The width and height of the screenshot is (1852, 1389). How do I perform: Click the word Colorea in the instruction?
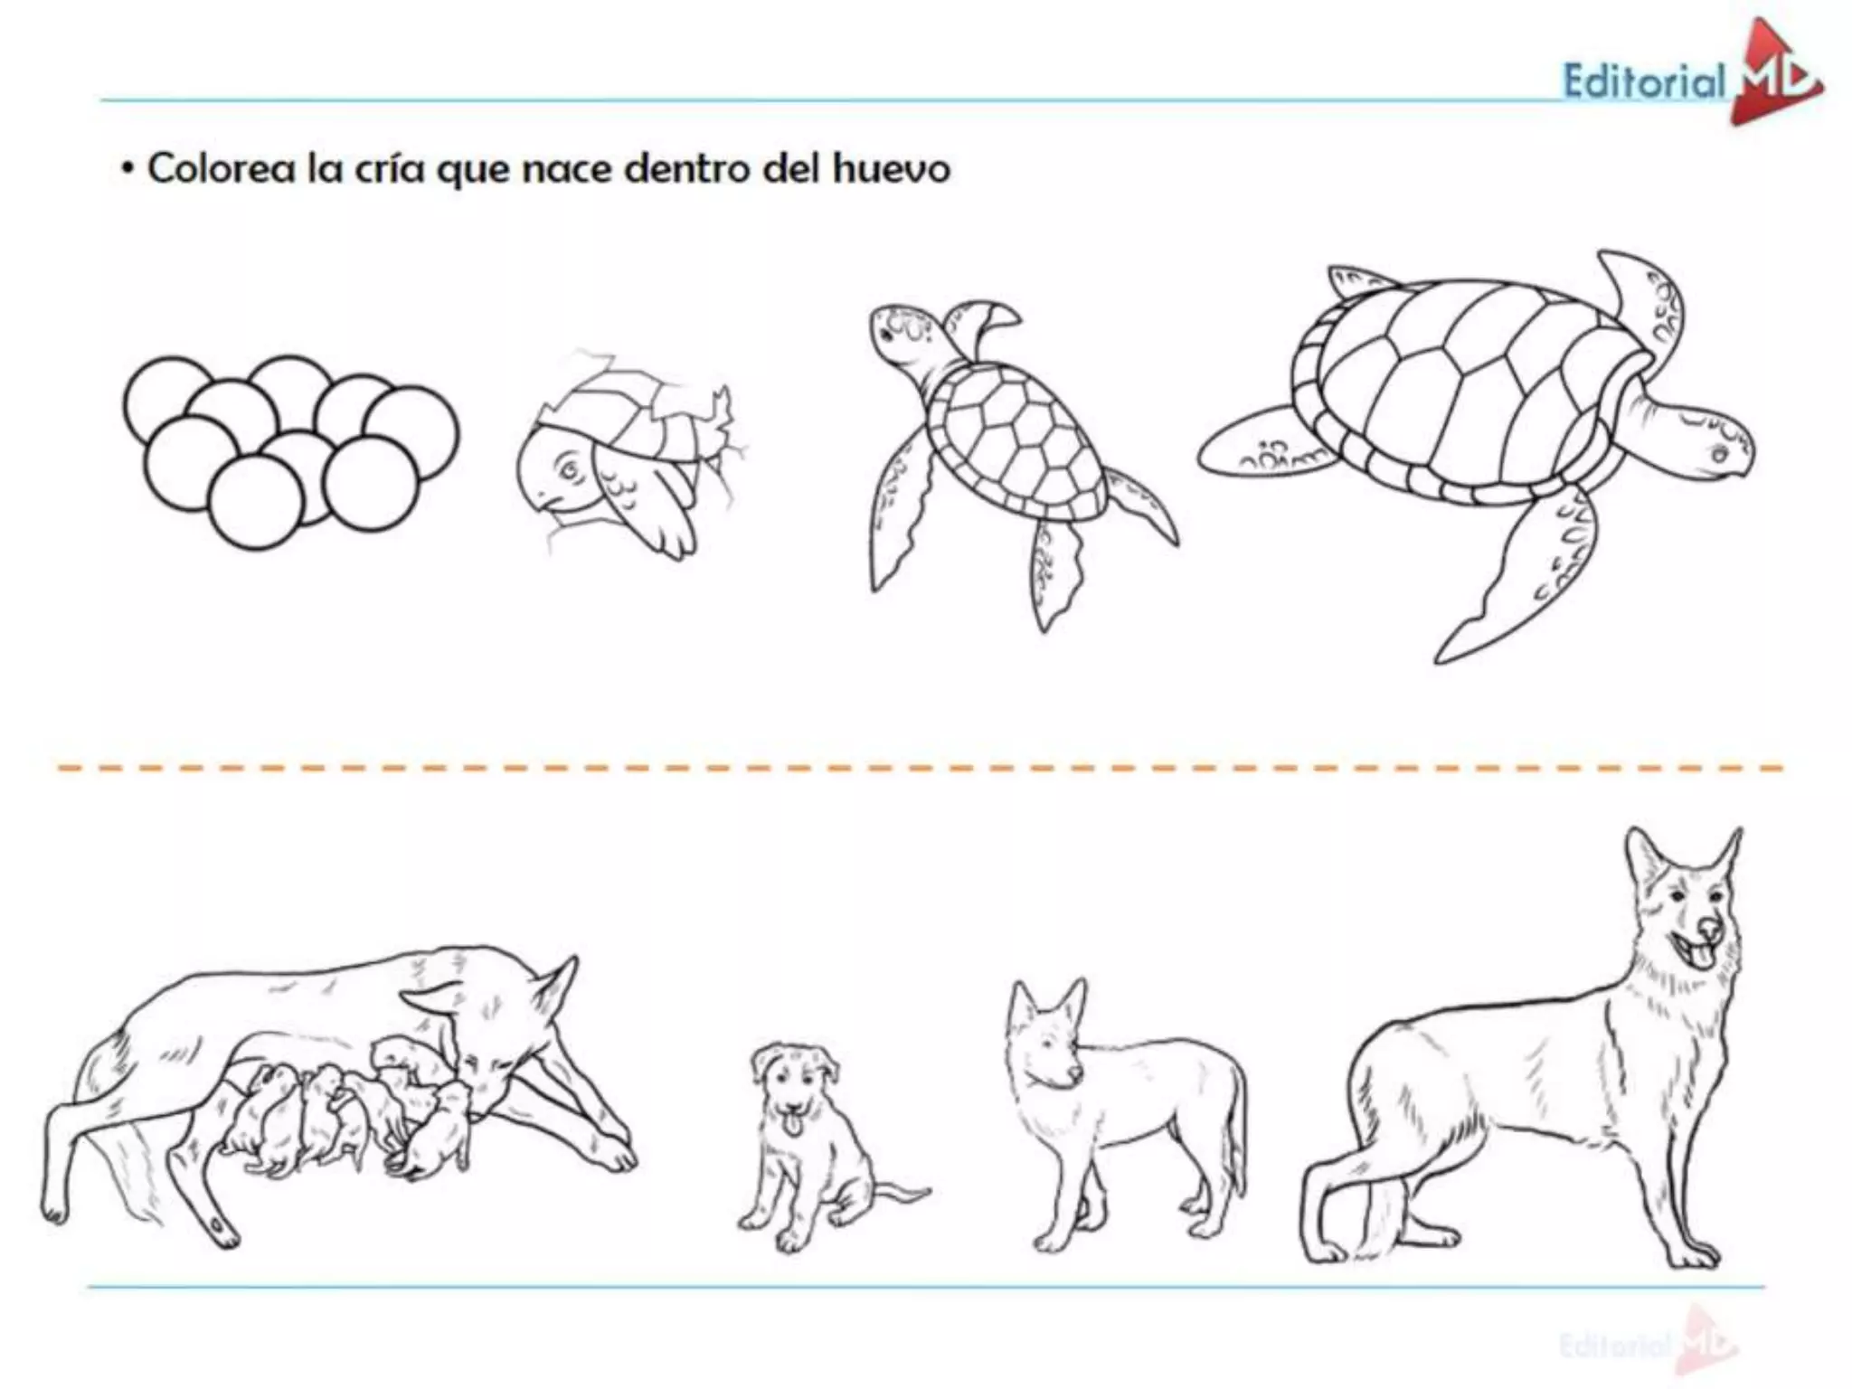click(x=221, y=169)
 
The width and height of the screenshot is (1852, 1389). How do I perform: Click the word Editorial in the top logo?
click(x=1644, y=82)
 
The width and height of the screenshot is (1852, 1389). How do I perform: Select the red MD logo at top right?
click(x=1772, y=76)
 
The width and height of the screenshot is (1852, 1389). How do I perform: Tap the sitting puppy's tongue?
click(x=792, y=1124)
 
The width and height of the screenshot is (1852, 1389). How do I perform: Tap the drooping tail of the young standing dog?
click(x=1235, y=1139)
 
